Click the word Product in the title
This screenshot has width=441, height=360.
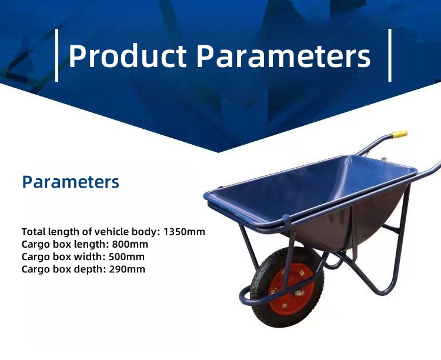(x=127, y=56)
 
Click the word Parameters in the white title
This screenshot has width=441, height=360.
(x=283, y=56)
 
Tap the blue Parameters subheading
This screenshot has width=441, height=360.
(x=71, y=182)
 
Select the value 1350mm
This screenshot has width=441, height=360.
(x=185, y=231)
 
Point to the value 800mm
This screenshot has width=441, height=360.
(x=130, y=244)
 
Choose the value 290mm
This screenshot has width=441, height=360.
(x=126, y=269)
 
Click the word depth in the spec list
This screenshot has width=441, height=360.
(x=88, y=269)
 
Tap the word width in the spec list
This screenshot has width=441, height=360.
(x=88, y=257)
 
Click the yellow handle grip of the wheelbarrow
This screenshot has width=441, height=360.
(x=399, y=134)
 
